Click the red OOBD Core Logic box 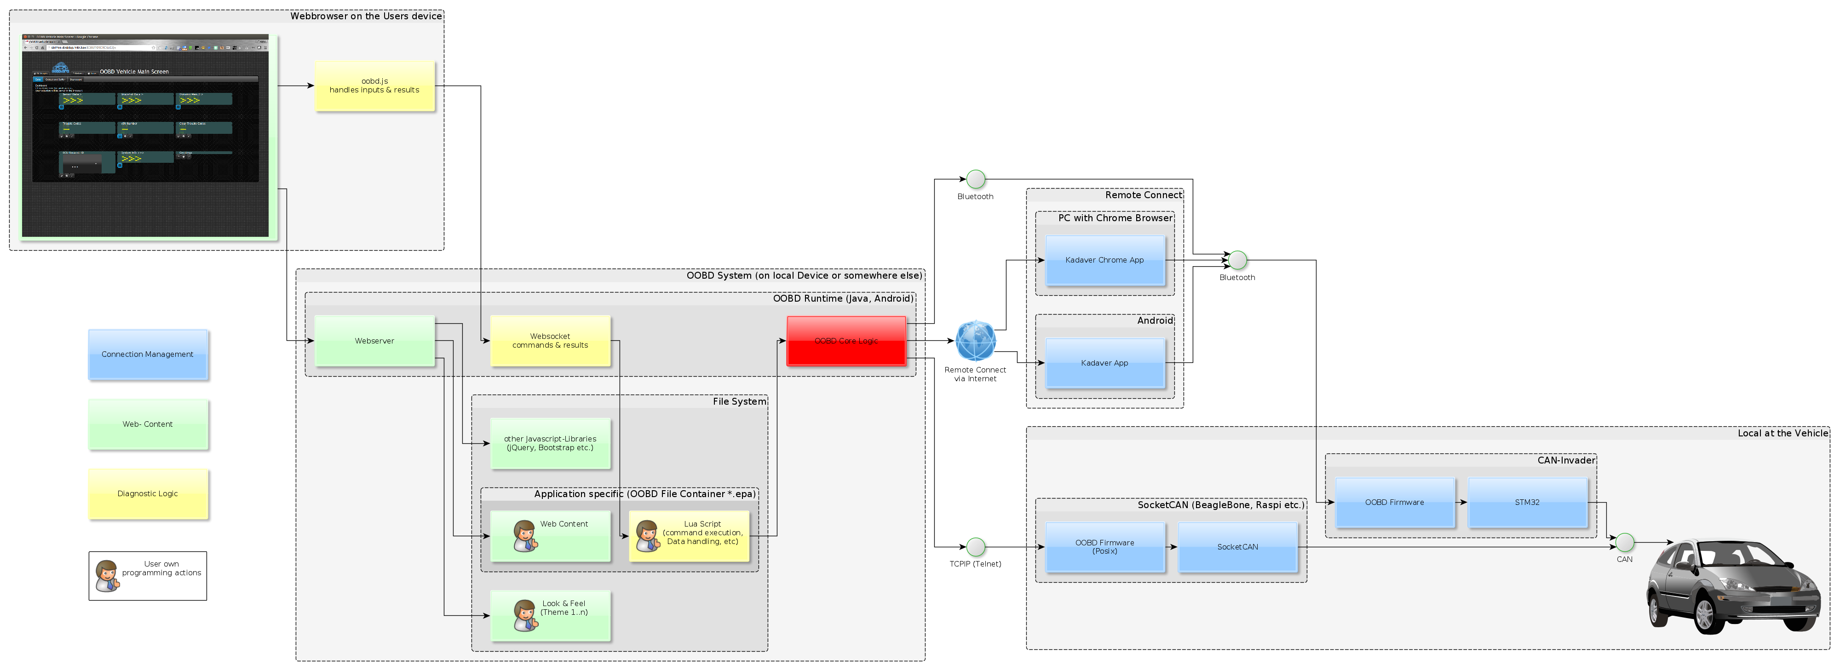[846, 341]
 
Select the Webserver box [374, 341]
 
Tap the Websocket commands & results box [550, 341]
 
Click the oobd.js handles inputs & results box [374, 86]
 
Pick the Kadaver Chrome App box [1104, 260]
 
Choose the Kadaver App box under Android [1104, 363]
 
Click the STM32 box [1527, 502]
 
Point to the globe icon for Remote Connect [976, 341]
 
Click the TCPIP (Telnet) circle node [976, 547]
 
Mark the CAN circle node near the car [1624, 542]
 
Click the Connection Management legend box [148, 354]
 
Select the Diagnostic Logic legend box [148, 493]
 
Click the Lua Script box [689, 536]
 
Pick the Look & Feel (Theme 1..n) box [550, 615]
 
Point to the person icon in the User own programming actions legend [107, 576]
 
